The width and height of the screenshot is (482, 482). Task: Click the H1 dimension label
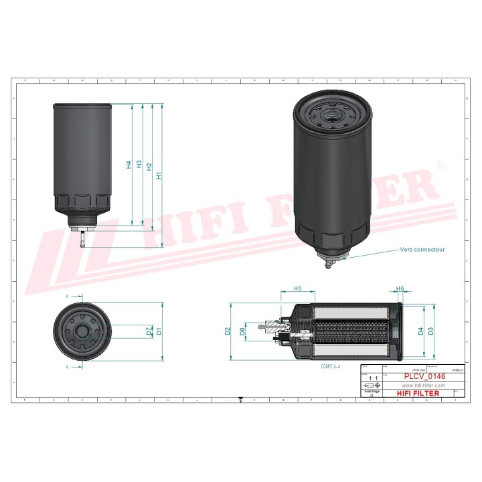pos(159,175)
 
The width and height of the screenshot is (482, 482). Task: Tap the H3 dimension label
pos(139,164)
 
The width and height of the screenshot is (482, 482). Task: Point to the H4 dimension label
pos(129,164)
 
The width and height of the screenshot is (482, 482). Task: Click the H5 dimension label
pos(298,289)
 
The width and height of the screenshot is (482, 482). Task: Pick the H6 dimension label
pos(400,289)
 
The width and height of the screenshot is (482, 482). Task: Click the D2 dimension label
pos(228,331)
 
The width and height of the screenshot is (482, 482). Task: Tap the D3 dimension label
pos(431,331)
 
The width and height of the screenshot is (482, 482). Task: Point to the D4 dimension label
pos(420,331)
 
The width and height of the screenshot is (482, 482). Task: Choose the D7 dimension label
pos(149,330)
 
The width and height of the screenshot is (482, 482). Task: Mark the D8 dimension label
pos(242,331)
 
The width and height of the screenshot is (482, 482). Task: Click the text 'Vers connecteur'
pos(422,249)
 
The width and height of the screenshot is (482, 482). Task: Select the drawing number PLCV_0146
pos(424,377)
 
